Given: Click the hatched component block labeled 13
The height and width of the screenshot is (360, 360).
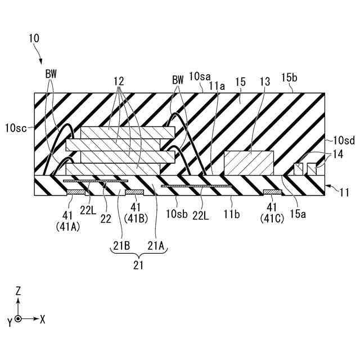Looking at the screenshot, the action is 249,163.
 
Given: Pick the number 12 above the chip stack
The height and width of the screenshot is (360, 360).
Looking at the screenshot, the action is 118,81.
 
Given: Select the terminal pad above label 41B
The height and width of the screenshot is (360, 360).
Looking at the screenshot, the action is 135,192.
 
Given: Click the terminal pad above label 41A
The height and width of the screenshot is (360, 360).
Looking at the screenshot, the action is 76,192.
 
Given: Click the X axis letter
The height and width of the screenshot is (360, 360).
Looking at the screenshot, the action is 42,319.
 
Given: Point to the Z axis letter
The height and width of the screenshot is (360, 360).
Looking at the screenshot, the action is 19,291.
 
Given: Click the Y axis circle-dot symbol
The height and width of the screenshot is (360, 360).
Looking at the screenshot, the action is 19,319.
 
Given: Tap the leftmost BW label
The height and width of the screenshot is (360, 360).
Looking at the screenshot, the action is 51,73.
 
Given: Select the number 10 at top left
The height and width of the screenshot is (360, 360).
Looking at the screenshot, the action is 34,38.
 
